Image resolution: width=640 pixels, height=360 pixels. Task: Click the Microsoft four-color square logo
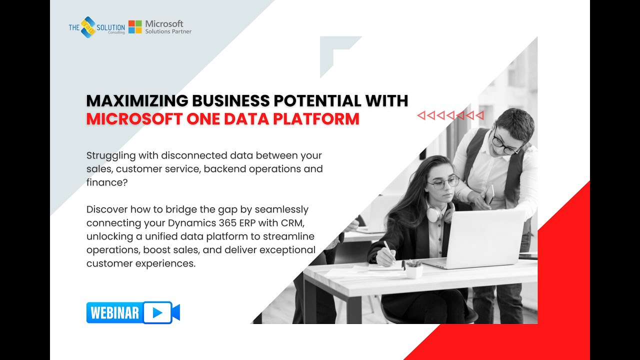coord(135,27)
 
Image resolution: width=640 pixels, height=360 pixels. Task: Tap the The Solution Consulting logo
coord(96,27)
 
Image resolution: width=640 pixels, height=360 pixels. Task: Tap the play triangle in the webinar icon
coord(157,313)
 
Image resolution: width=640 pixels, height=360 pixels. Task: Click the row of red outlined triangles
coord(450,116)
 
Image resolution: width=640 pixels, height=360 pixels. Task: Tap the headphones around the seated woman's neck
coord(439,213)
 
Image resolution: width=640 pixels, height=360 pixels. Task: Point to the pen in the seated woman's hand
coord(389,250)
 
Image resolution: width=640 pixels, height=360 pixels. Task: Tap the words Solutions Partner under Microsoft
coord(168,31)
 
